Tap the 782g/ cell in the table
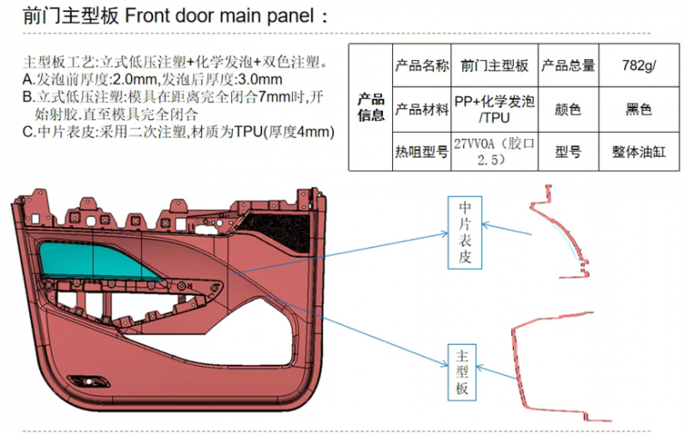point(639,65)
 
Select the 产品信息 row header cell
point(371,108)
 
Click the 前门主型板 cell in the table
point(494,65)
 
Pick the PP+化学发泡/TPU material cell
point(494,109)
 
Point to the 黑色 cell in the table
point(639,109)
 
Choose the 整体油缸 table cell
point(639,152)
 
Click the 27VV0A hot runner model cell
point(494,152)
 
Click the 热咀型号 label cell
point(421,152)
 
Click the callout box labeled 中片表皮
point(464,232)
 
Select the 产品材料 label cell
point(421,109)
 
